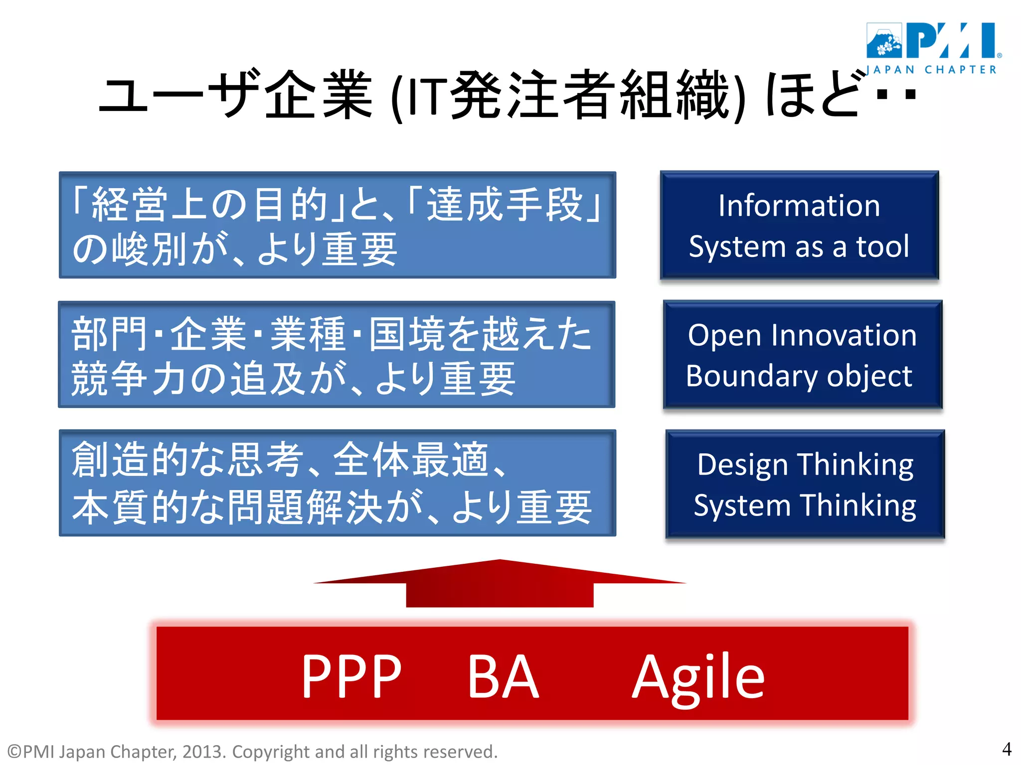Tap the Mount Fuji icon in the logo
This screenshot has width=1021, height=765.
884,41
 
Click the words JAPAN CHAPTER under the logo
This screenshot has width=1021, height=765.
931,70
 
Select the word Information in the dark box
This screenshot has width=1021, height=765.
799,206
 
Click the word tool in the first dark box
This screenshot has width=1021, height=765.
883,247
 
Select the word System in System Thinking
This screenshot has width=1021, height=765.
742,506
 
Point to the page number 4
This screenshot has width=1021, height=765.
1007,749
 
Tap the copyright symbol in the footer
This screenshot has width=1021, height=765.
14,752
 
